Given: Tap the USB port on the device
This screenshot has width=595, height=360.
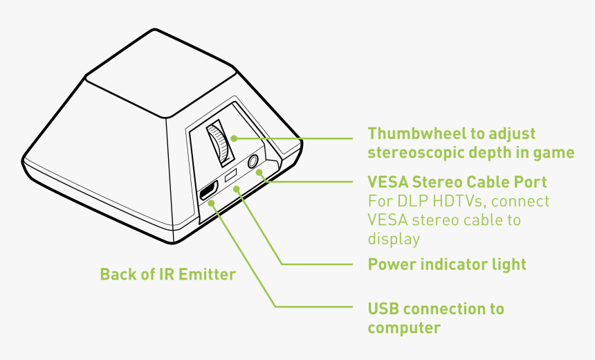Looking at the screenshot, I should point(207,192).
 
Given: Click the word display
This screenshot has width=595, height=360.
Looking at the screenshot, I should point(394,239).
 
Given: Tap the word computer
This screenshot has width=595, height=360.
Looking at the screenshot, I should point(404,327).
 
